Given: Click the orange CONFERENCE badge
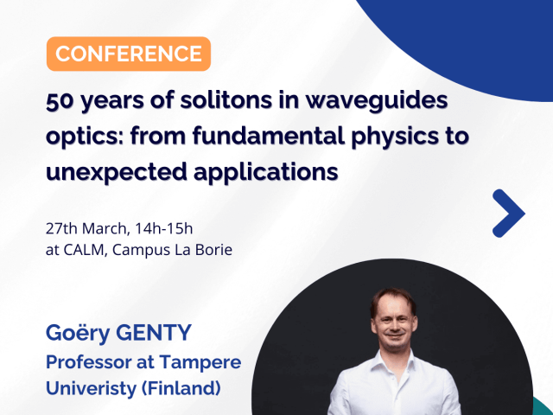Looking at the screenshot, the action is pos(129,54).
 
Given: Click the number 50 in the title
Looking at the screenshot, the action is pos(59,100).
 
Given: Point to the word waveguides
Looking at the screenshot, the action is pos(377,100).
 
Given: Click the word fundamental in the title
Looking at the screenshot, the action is pos(269,136).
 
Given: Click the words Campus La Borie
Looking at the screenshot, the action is pos(173,250).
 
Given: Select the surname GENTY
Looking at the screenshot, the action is pos(154,332).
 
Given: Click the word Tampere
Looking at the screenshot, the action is pos(200,363).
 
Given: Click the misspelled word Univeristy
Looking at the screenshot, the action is pos(91,389).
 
